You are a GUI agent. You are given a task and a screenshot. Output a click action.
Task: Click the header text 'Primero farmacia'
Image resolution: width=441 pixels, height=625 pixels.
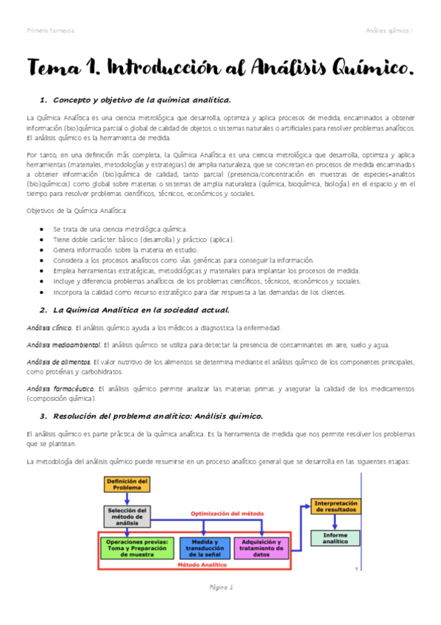click(49, 30)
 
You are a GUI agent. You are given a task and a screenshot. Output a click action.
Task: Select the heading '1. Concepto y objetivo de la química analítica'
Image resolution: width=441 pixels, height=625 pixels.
click(135, 99)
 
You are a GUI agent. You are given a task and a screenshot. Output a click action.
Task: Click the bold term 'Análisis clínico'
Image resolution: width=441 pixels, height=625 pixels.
click(49, 327)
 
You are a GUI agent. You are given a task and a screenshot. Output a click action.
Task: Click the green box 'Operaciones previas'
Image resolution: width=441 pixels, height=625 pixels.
click(138, 548)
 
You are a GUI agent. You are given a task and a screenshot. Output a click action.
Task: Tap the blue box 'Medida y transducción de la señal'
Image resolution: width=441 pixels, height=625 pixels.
click(202, 548)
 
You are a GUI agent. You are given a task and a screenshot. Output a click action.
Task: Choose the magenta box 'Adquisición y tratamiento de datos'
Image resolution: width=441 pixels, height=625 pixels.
click(261, 548)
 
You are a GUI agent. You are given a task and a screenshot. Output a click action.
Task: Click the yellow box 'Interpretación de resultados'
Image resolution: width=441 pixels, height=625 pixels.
click(335, 507)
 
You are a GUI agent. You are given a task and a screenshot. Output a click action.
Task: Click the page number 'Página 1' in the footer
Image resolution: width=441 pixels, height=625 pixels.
click(220, 587)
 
